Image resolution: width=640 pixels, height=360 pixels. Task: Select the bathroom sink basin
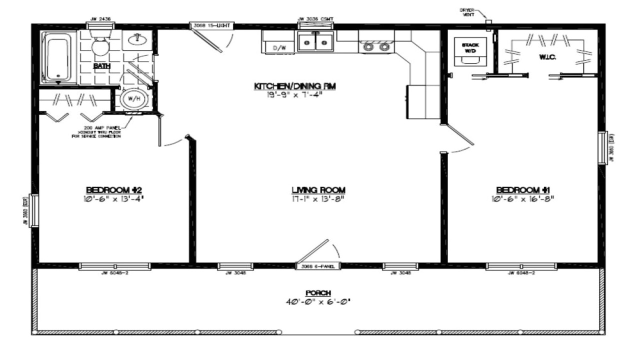[135, 39]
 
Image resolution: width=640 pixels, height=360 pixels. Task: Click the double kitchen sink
[315, 41]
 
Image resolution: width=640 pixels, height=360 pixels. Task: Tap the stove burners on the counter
[376, 47]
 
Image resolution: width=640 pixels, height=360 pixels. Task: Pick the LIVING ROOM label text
[319, 190]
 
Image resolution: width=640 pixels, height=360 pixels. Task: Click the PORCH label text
[318, 293]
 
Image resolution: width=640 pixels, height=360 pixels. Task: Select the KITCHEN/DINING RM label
[294, 86]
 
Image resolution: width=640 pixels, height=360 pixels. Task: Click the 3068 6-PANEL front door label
[318, 266]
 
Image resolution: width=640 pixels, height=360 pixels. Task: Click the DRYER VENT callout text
[468, 12]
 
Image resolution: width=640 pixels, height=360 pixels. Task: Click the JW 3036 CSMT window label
[315, 19]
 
